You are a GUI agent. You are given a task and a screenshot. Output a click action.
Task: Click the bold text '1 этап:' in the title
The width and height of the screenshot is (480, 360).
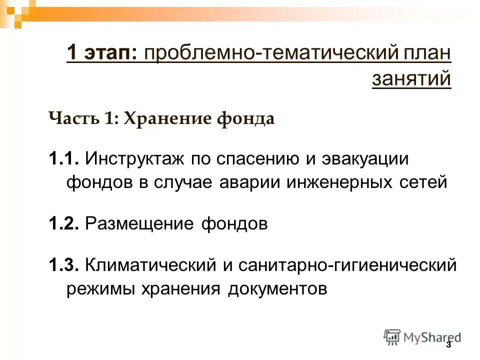(103, 53)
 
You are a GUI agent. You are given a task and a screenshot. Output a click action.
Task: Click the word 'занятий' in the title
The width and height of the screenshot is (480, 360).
(411, 78)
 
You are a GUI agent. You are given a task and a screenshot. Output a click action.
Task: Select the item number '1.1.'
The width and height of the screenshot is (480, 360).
(64, 159)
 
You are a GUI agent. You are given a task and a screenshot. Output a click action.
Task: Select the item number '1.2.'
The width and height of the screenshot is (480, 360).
(64, 223)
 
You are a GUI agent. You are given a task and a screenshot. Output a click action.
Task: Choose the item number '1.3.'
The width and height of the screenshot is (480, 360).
(64, 265)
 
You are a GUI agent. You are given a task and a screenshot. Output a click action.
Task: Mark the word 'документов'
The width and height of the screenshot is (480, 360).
(278, 288)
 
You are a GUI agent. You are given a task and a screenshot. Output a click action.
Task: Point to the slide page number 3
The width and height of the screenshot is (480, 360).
(448, 345)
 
